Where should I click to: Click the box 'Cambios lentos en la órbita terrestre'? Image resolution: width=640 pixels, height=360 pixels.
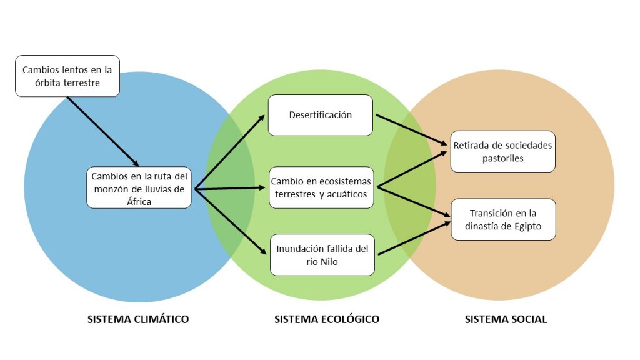[x=67, y=76]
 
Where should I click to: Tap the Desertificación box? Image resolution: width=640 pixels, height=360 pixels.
[x=320, y=115]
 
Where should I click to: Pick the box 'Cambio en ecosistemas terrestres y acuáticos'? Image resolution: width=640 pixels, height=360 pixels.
[x=321, y=187]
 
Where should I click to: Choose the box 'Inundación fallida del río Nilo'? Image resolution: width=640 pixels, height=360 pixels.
[x=322, y=254]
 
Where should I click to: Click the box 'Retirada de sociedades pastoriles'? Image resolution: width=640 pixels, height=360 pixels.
[x=502, y=152]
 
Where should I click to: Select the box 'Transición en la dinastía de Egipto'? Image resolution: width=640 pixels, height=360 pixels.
[x=502, y=219]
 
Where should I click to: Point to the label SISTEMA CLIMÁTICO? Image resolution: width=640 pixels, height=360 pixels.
[x=137, y=319]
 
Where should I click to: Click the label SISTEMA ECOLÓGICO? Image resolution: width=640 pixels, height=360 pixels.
[x=326, y=319]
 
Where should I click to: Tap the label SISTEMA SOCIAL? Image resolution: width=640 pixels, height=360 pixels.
[x=506, y=319]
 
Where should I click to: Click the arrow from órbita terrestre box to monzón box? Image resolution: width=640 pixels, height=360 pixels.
[x=102, y=131]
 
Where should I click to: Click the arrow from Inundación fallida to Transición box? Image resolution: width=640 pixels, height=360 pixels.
[x=414, y=237]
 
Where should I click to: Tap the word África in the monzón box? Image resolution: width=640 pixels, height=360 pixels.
[x=139, y=201]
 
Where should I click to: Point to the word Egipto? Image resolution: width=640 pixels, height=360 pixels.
[x=527, y=226]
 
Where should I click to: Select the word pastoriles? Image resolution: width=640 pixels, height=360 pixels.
[x=502, y=159]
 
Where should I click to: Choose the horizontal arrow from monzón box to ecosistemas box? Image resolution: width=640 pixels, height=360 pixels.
[x=229, y=187]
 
